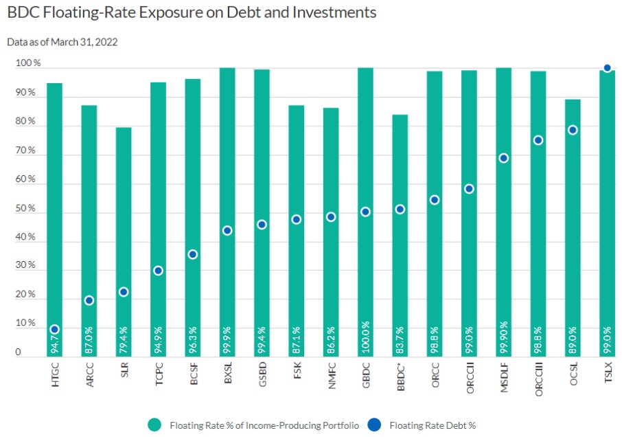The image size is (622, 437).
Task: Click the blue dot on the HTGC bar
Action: coord(55,330)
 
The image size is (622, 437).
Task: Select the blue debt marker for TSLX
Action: coord(607,68)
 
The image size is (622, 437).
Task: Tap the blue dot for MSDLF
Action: coord(503,158)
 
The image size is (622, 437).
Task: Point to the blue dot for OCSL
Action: coord(573,130)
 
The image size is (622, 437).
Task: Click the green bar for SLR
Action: coord(124,206)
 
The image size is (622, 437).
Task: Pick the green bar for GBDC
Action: coord(365,172)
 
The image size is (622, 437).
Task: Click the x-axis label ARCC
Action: coord(90,375)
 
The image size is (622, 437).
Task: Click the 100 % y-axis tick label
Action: coord(28,63)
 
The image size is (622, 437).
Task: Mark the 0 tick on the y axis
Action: coord(18,352)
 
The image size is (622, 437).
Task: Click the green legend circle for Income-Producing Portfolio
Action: coord(154,425)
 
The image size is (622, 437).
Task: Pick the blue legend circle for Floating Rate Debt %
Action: coord(375,425)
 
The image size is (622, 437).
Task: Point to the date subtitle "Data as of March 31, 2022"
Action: coord(62,42)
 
